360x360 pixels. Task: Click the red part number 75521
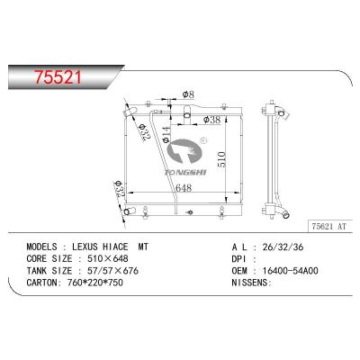[58, 76]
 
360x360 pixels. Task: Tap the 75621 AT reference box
[330, 227]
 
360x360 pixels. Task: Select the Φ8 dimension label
[188, 94]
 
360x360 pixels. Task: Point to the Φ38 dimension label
[211, 120]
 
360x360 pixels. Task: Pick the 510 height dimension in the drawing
[221, 159]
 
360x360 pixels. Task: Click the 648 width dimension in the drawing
[184, 188]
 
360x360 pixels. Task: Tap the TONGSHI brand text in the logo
[184, 172]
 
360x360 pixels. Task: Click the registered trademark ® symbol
[203, 139]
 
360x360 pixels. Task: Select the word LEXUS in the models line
[85, 247]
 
